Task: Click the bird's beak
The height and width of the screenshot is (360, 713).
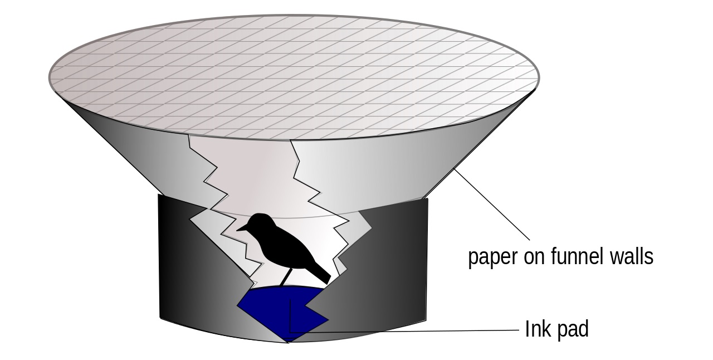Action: point(242,228)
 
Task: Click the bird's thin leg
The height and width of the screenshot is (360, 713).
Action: point(286,277)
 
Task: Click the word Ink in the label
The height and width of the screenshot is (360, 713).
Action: point(534,329)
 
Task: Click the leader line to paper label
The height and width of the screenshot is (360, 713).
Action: point(492,205)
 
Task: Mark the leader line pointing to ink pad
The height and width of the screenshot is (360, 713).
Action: point(404,332)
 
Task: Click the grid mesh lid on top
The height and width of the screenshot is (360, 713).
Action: point(294,77)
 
